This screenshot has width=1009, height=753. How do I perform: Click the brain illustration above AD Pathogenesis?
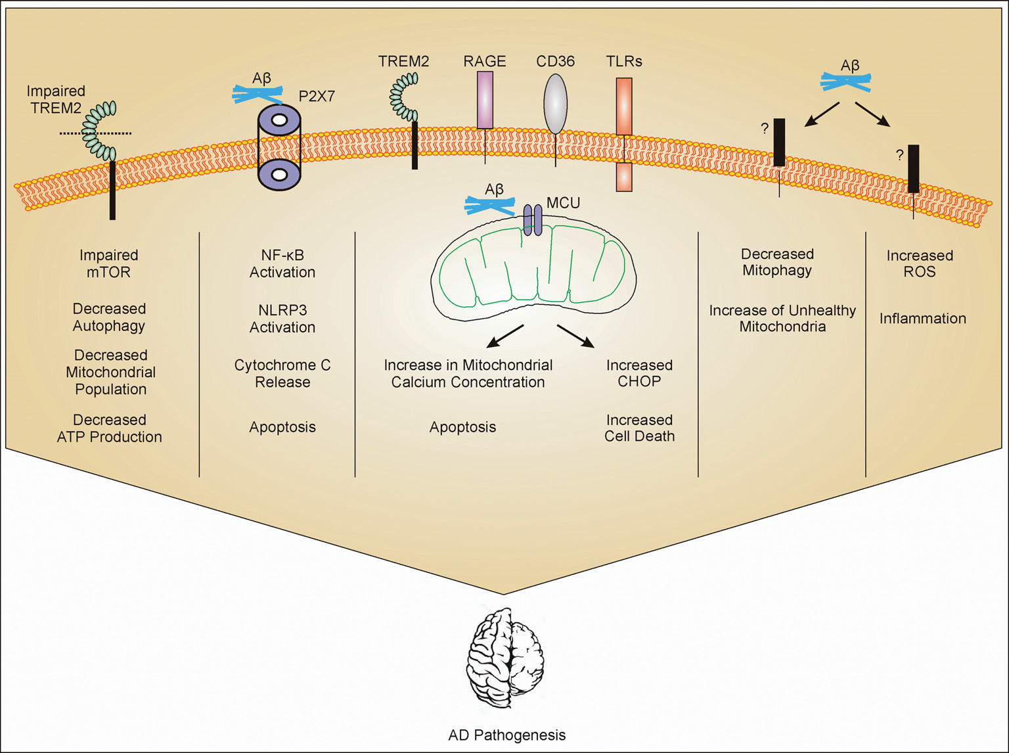pos(504,657)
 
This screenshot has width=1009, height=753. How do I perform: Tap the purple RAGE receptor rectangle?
pos(485,99)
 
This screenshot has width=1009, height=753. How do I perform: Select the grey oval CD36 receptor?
pos(555,104)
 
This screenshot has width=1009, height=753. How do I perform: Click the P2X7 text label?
pos(317,97)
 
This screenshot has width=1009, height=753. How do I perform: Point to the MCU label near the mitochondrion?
pos(563,203)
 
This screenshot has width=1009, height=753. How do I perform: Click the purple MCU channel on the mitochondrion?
pos(533,219)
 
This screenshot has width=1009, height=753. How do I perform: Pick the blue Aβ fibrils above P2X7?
pos(258,95)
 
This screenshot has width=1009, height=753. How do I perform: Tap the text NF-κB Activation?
pos(282,263)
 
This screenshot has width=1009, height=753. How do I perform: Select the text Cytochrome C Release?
pos(282,373)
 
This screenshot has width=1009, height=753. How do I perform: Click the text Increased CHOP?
pos(639,373)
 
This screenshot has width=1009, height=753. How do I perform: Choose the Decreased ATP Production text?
pos(109,428)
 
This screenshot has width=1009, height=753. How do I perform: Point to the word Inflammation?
pos(922,319)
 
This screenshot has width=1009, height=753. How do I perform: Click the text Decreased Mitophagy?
pos(777,262)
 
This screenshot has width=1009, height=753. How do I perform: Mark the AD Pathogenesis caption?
pos(506,735)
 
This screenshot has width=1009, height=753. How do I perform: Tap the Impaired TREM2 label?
pos(56,99)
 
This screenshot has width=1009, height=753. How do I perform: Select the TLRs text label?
pos(623,62)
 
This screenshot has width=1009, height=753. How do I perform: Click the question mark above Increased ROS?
pos(899,155)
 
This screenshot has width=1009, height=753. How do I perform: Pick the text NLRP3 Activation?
pos(282,319)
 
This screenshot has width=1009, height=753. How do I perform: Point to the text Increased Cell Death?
pos(639,428)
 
